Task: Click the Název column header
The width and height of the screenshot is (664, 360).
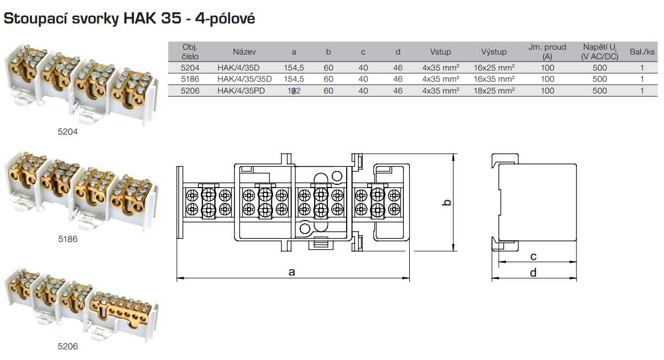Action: (244, 52)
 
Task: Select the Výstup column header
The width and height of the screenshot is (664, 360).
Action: (494, 52)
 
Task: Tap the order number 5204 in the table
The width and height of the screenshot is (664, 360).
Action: (190, 68)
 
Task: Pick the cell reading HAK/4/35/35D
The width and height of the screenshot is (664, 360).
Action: (245, 79)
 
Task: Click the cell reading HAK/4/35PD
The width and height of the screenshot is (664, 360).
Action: (241, 91)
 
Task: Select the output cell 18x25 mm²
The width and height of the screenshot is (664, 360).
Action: (494, 91)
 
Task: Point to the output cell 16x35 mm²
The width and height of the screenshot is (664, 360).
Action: (494, 79)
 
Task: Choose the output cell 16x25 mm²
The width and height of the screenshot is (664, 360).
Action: (494, 68)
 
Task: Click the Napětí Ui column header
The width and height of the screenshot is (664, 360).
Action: (600, 52)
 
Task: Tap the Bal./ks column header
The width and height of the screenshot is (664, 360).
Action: (642, 52)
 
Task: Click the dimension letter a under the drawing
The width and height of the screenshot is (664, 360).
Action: (292, 272)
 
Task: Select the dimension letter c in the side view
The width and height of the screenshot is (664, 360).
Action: (533, 256)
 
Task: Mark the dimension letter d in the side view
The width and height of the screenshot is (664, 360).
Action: (533, 273)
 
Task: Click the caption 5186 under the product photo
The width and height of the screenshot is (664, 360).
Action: (68, 239)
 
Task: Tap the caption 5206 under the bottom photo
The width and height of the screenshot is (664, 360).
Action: (68, 347)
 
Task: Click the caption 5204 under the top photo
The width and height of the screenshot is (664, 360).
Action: (68, 131)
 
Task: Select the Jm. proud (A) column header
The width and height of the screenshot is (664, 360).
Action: (547, 52)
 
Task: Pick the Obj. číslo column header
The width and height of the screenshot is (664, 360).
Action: (190, 52)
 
